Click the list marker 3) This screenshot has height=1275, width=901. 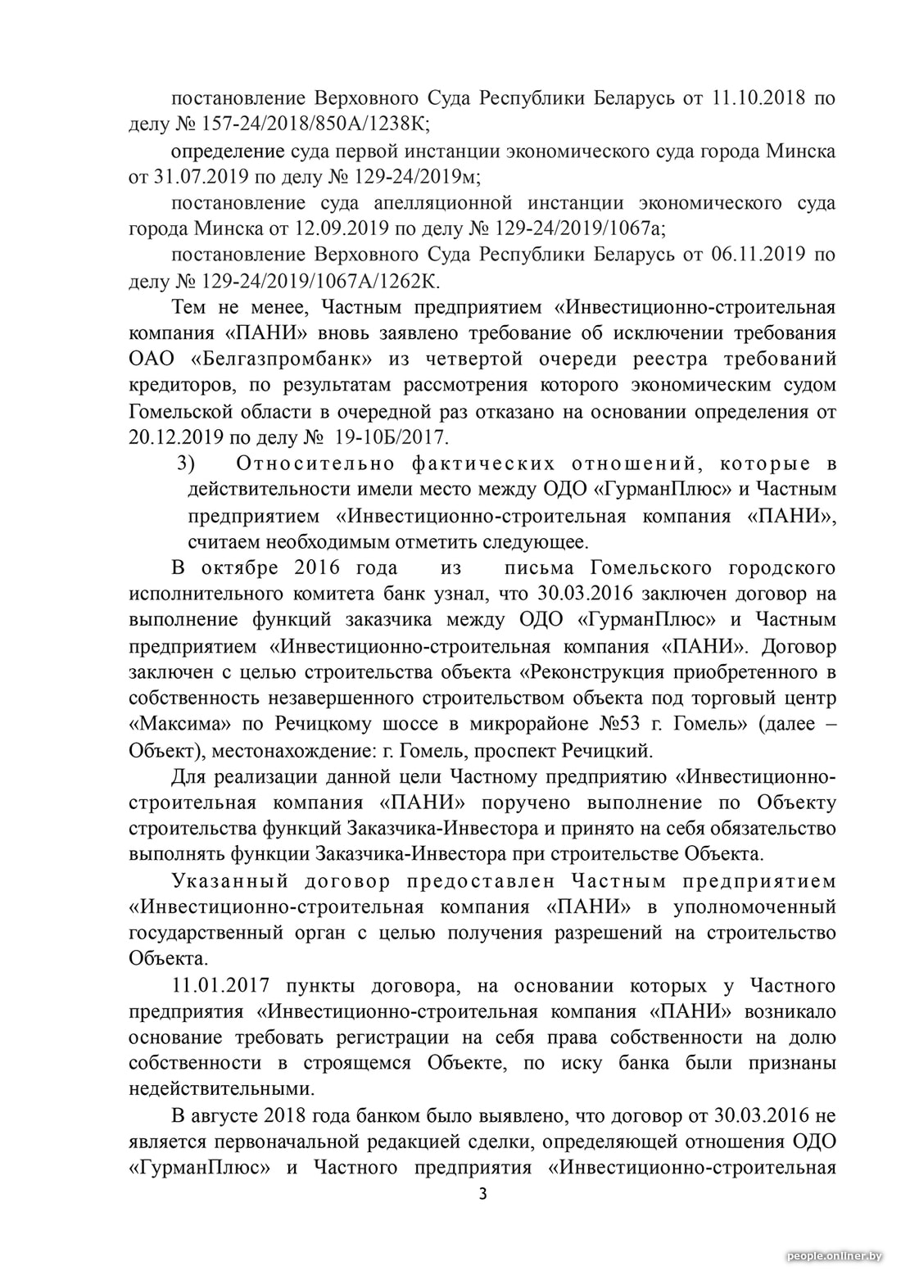point(186,464)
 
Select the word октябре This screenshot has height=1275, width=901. point(238,568)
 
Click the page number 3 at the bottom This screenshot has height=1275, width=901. point(482,1194)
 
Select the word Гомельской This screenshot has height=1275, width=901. point(185,411)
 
